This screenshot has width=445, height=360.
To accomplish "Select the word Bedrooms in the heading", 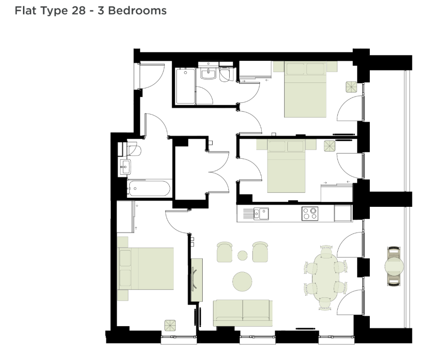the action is click(x=137, y=10).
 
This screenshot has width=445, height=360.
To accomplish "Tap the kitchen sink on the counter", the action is click(x=261, y=214).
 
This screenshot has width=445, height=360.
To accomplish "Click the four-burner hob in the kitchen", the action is click(x=310, y=214).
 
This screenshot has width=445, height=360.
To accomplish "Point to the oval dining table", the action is click(x=325, y=278).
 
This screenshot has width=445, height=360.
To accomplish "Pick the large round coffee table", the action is click(x=242, y=281).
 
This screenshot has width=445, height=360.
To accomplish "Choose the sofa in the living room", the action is click(x=243, y=313).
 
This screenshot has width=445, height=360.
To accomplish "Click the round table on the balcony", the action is click(x=394, y=266).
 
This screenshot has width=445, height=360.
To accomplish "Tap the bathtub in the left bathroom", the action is click(x=149, y=188).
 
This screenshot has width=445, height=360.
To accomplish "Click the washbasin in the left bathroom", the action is click(x=125, y=166).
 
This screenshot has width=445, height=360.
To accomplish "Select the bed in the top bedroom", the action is click(x=305, y=89).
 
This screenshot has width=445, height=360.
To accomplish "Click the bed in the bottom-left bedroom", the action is click(x=145, y=269).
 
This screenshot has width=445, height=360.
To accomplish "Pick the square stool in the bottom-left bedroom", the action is click(x=170, y=325).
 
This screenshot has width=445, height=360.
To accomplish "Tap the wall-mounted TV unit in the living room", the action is click(x=196, y=280).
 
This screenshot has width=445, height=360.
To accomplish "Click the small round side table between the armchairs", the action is click(x=242, y=255).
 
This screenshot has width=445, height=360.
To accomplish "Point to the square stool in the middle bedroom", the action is click(x=330, y=146).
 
